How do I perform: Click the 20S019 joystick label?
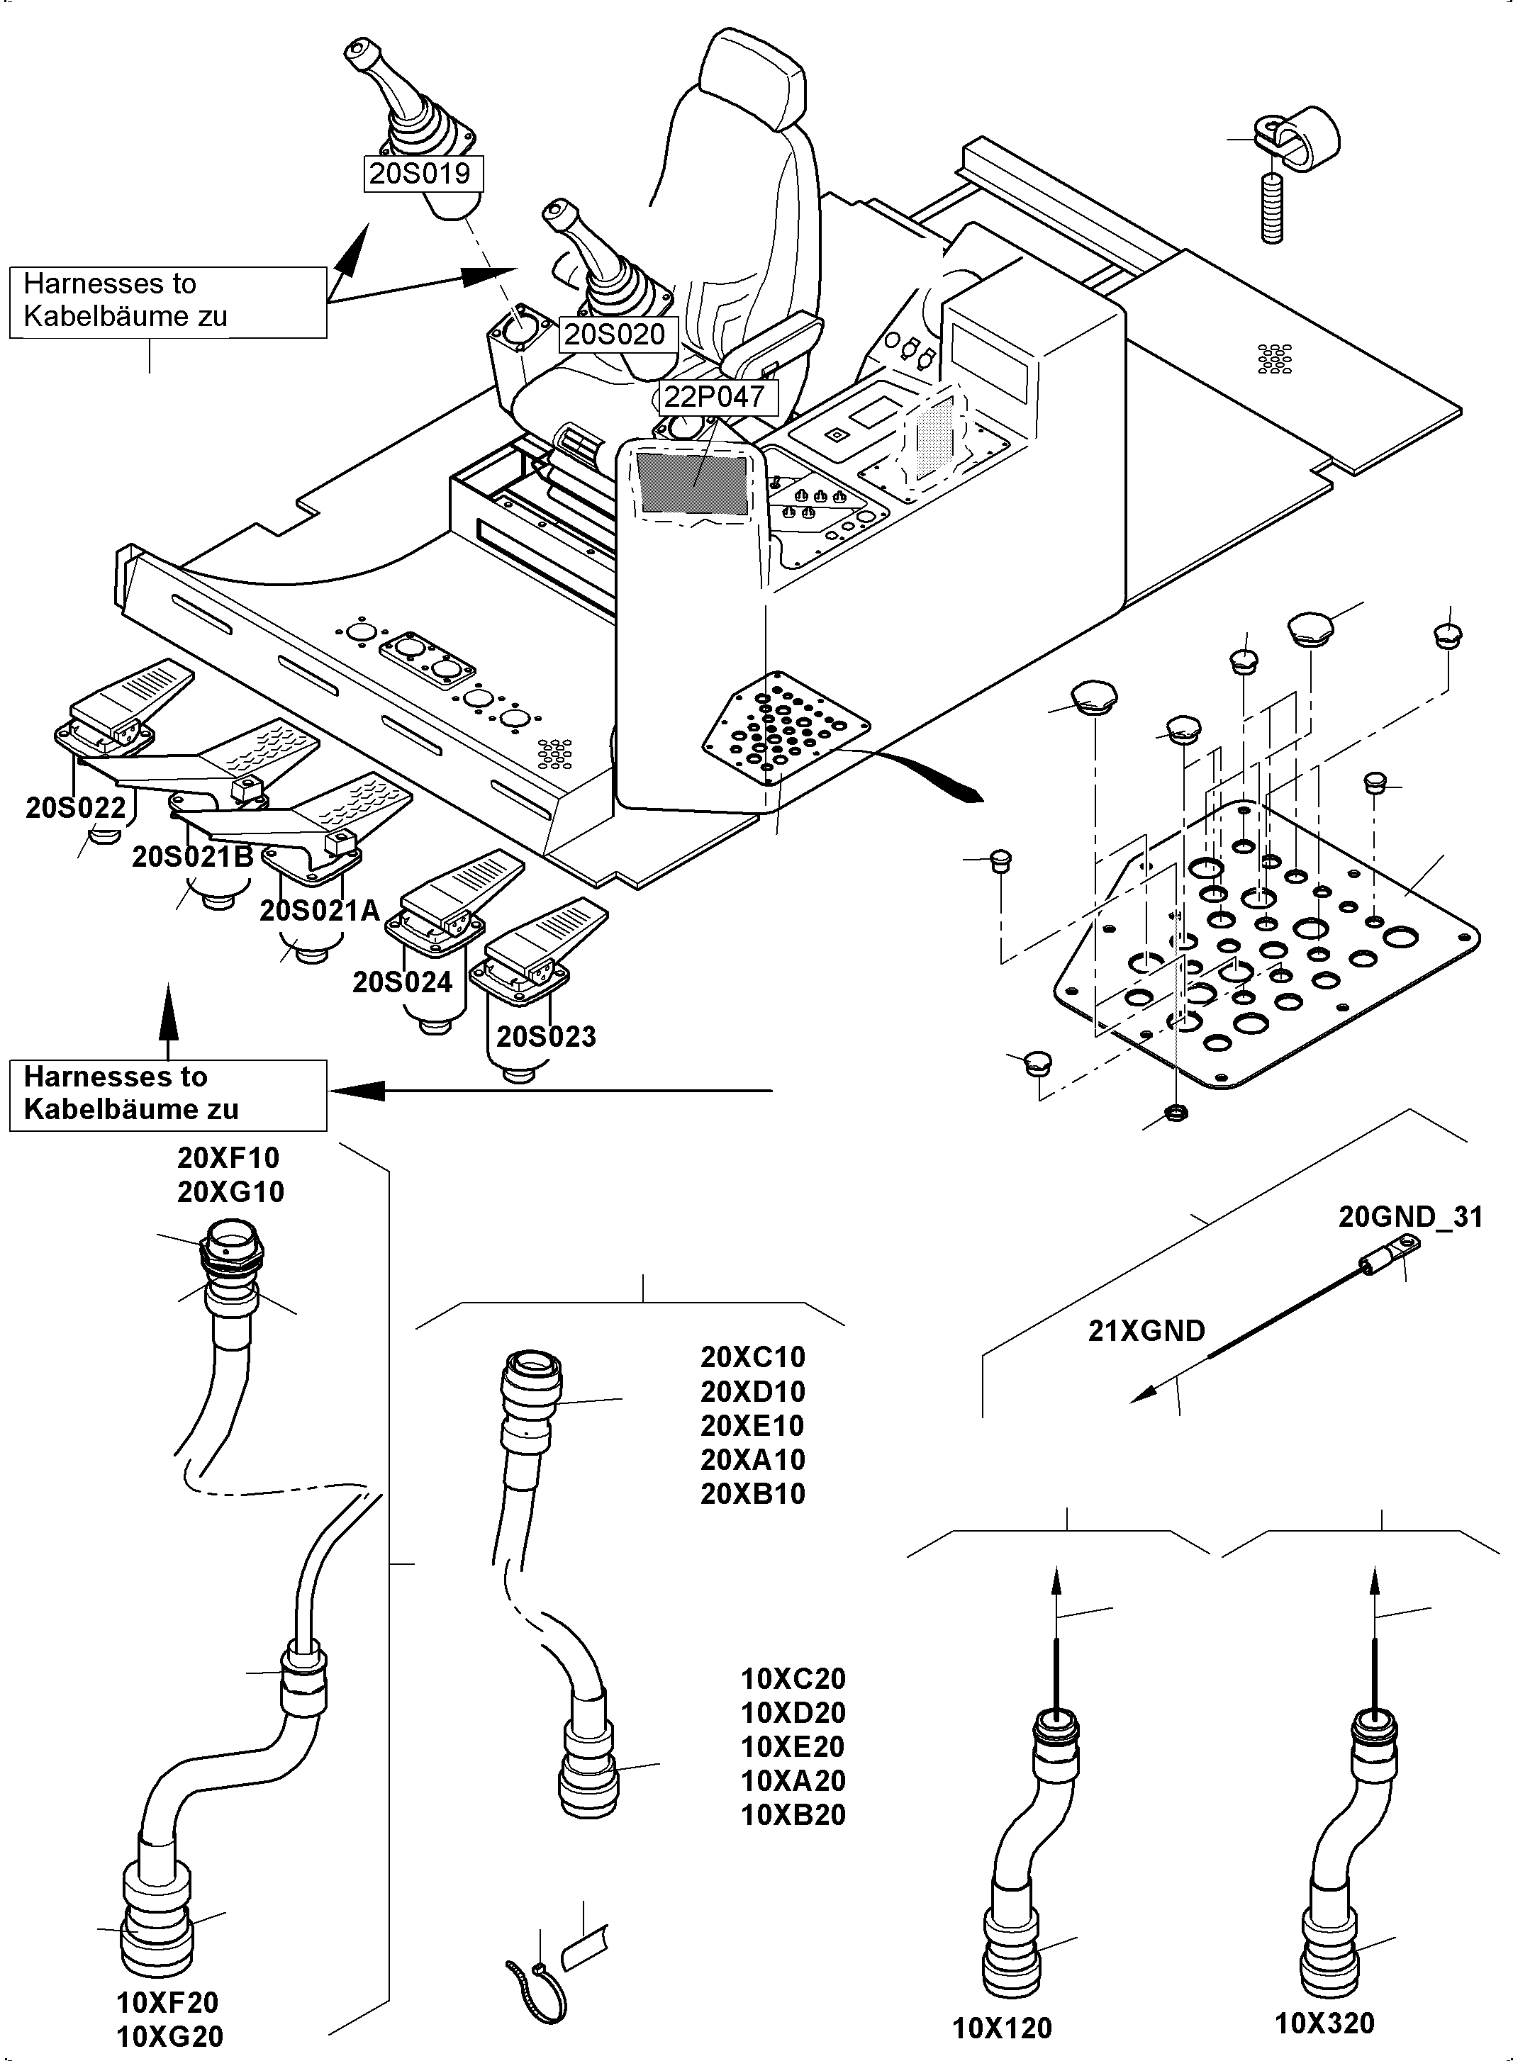(x=420, y=173)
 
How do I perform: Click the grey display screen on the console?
(x=693, y=483)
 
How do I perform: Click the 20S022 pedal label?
(x=75, y=807)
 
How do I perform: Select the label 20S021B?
(x=192, y=857)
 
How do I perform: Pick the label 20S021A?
(x=319, y=911)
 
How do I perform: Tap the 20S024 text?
(x=402, y=982)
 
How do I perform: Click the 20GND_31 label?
(x=1409, y=1217)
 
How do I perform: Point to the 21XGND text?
(x=1146, y=1330)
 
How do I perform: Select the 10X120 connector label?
(x=1002, y=2028)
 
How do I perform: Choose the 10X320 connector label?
(x=1324, y=2023)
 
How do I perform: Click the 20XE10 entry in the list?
(x=752, y=1425)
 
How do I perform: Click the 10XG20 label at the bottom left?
(x=169, y=2036)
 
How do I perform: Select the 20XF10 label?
(x=228, y=1158)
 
